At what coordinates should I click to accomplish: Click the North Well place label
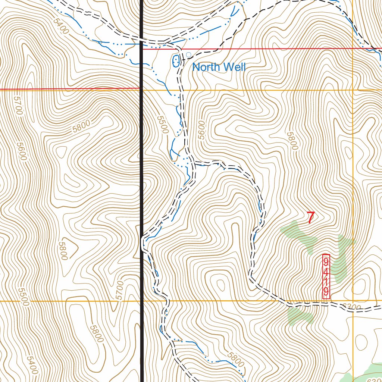click(219, 68)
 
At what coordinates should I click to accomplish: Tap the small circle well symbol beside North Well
click(189, 55)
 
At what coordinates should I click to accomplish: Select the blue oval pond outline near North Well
click(175, 61)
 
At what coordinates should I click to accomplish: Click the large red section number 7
click(310, 218)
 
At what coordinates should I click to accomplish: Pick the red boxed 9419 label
click(326, 276)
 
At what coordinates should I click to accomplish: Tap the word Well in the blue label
click(235, 68)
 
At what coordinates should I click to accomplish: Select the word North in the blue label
click(207, 68)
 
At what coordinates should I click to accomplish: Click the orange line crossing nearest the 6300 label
click(353, 301)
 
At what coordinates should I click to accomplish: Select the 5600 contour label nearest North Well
click(202, 130)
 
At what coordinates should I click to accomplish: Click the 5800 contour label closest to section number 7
click(292, 141)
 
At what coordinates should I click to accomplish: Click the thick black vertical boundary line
click(142, 187)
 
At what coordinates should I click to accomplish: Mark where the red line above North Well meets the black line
click(142, 48)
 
